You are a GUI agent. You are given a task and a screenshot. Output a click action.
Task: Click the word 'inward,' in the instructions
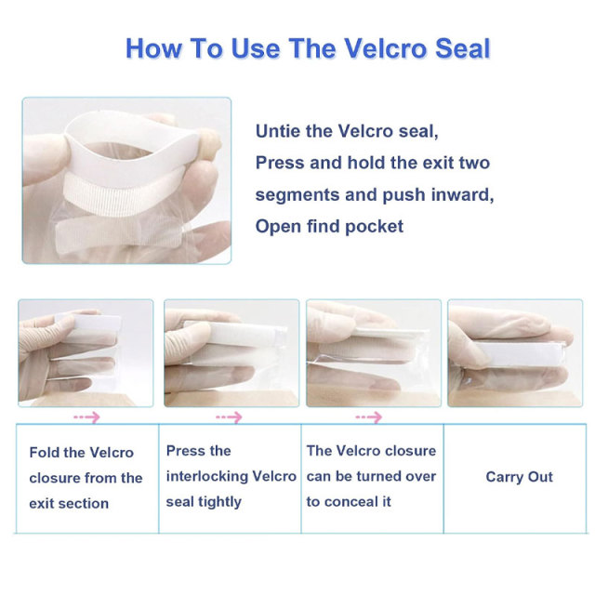(x=459, y=194)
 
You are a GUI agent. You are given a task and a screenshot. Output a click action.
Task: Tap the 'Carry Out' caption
(x=519, y=477)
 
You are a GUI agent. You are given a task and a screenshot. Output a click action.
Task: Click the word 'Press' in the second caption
(x=185, y=451)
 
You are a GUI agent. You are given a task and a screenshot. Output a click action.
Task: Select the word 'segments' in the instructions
(x=291, y=194)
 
